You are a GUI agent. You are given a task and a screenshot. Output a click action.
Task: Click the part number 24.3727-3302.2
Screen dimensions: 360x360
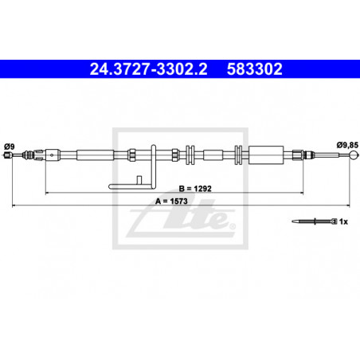tap(148, 69)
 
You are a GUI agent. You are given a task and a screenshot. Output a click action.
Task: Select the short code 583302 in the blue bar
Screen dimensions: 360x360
tap(254, 69)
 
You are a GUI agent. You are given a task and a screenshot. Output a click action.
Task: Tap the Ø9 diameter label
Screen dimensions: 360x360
tap(10, 147)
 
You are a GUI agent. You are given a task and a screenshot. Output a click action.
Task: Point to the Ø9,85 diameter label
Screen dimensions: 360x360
tap(347, 145)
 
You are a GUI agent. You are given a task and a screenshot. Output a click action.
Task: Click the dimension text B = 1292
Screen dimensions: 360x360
tap(195, 189)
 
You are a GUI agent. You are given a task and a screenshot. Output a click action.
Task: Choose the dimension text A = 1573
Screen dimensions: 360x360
tap(171, 202)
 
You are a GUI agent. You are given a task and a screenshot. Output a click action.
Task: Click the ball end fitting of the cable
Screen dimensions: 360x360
tap(354, 155)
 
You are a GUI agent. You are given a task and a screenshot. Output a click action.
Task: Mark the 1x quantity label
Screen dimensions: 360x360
tap(343, 221)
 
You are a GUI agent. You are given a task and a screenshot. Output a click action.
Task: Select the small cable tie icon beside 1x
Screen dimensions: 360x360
tap(315, 221)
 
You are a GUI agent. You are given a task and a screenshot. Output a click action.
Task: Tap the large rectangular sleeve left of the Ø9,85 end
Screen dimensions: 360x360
tap(266, 155)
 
